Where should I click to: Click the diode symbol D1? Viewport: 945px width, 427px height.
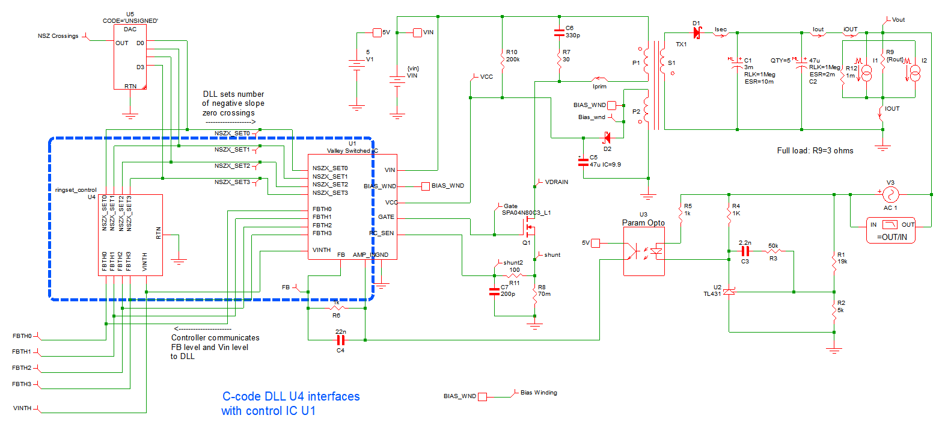(x=697, y=33)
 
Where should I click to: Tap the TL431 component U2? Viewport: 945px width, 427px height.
(x=729, y=292)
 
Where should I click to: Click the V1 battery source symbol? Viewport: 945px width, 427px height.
(x=357, y=63)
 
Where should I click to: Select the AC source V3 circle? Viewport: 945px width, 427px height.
(x=890, y=194)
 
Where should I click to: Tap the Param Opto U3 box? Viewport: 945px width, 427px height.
(x=644, y=251)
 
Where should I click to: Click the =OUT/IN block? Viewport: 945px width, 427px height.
(x=891, y=230)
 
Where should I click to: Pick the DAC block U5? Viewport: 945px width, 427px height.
(x=130, y=57)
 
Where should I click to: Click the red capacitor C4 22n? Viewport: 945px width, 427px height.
(x=340, y=340)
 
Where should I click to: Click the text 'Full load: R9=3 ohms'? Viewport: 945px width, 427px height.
(x=815, y=150)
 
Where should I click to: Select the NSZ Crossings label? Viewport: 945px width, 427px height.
(x=58, y=36)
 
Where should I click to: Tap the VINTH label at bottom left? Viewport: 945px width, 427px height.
(x=22, y=408)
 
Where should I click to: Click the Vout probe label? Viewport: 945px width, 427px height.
(x=898, y=20)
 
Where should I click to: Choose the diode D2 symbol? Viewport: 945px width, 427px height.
(x=607, y=138)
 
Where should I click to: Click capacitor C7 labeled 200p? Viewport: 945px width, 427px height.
(x=495, y=292)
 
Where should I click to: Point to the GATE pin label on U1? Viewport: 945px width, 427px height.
(x=386, y=217)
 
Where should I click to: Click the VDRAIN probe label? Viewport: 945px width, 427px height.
(x=556, y=182)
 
